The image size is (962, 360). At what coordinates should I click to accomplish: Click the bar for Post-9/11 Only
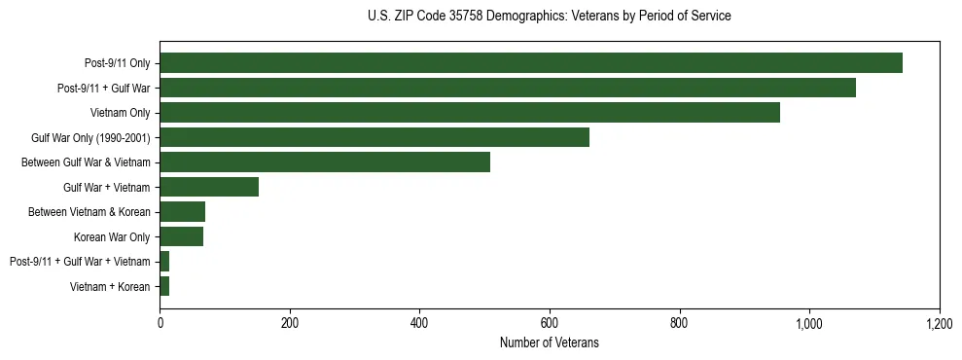[x=531, y=63]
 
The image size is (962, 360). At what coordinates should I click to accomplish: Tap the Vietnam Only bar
[x=470, y=113]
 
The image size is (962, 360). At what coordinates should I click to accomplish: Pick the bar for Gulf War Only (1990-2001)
[x=374, y=137]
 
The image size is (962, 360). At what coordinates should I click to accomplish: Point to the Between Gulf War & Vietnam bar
[x=325, y=162]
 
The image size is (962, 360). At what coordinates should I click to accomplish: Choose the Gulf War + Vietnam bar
[x=209, y=187]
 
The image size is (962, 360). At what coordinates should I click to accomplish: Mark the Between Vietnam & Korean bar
[x=183, y=212]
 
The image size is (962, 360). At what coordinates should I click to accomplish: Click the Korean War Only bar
[x=182, y=236]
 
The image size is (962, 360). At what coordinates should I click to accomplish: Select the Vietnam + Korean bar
[x=164, y=286]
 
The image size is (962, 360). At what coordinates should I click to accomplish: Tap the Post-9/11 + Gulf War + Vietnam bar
[x=164, y=262]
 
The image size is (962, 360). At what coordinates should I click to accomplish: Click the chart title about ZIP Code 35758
[x=550, y=17]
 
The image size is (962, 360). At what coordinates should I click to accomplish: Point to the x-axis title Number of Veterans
[x=550, y=343]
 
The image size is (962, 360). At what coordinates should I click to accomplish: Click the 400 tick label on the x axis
[x=419, y=324]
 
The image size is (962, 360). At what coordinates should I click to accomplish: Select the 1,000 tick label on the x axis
[x=809, y=324]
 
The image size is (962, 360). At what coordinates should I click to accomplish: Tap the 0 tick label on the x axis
[x=160, y=324]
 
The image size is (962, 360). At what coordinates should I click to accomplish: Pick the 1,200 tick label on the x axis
[x=939, y=324]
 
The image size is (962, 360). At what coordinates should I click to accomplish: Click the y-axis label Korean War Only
[x=112, y=236]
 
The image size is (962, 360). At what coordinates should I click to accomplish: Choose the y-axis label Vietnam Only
[x=120, y=113]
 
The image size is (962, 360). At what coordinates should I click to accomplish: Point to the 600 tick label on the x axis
[x=550, y=324]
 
